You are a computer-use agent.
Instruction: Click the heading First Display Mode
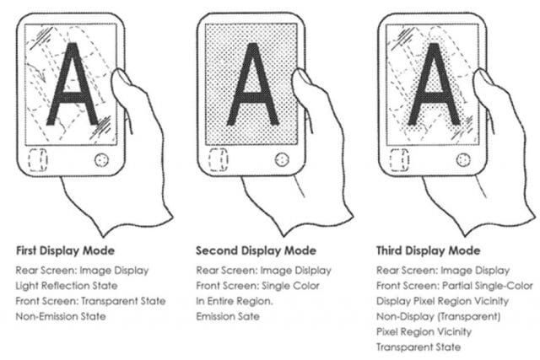pyautogui.click(x=66, y=250)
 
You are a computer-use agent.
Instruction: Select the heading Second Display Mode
pyautogui.click(x=256, y=250)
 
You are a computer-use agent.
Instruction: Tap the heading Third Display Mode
pyautogui.click(x=428, y=250)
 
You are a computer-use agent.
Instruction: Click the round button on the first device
pyautogui.click(x=101, y=159)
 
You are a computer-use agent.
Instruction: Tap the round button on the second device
pyautogui.click(x=282, y=159)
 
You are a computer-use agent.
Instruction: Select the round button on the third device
pyautogui.click(x=463, y=159)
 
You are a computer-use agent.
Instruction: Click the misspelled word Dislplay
pyautogui.click(x=312, y=271)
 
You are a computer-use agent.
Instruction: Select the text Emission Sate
pyautogui.click(x=228, y=316)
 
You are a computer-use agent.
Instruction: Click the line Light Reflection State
pyautogui.click(x=67, y=286)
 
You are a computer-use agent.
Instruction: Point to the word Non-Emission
pyautogui.click(x=47, y=316)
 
